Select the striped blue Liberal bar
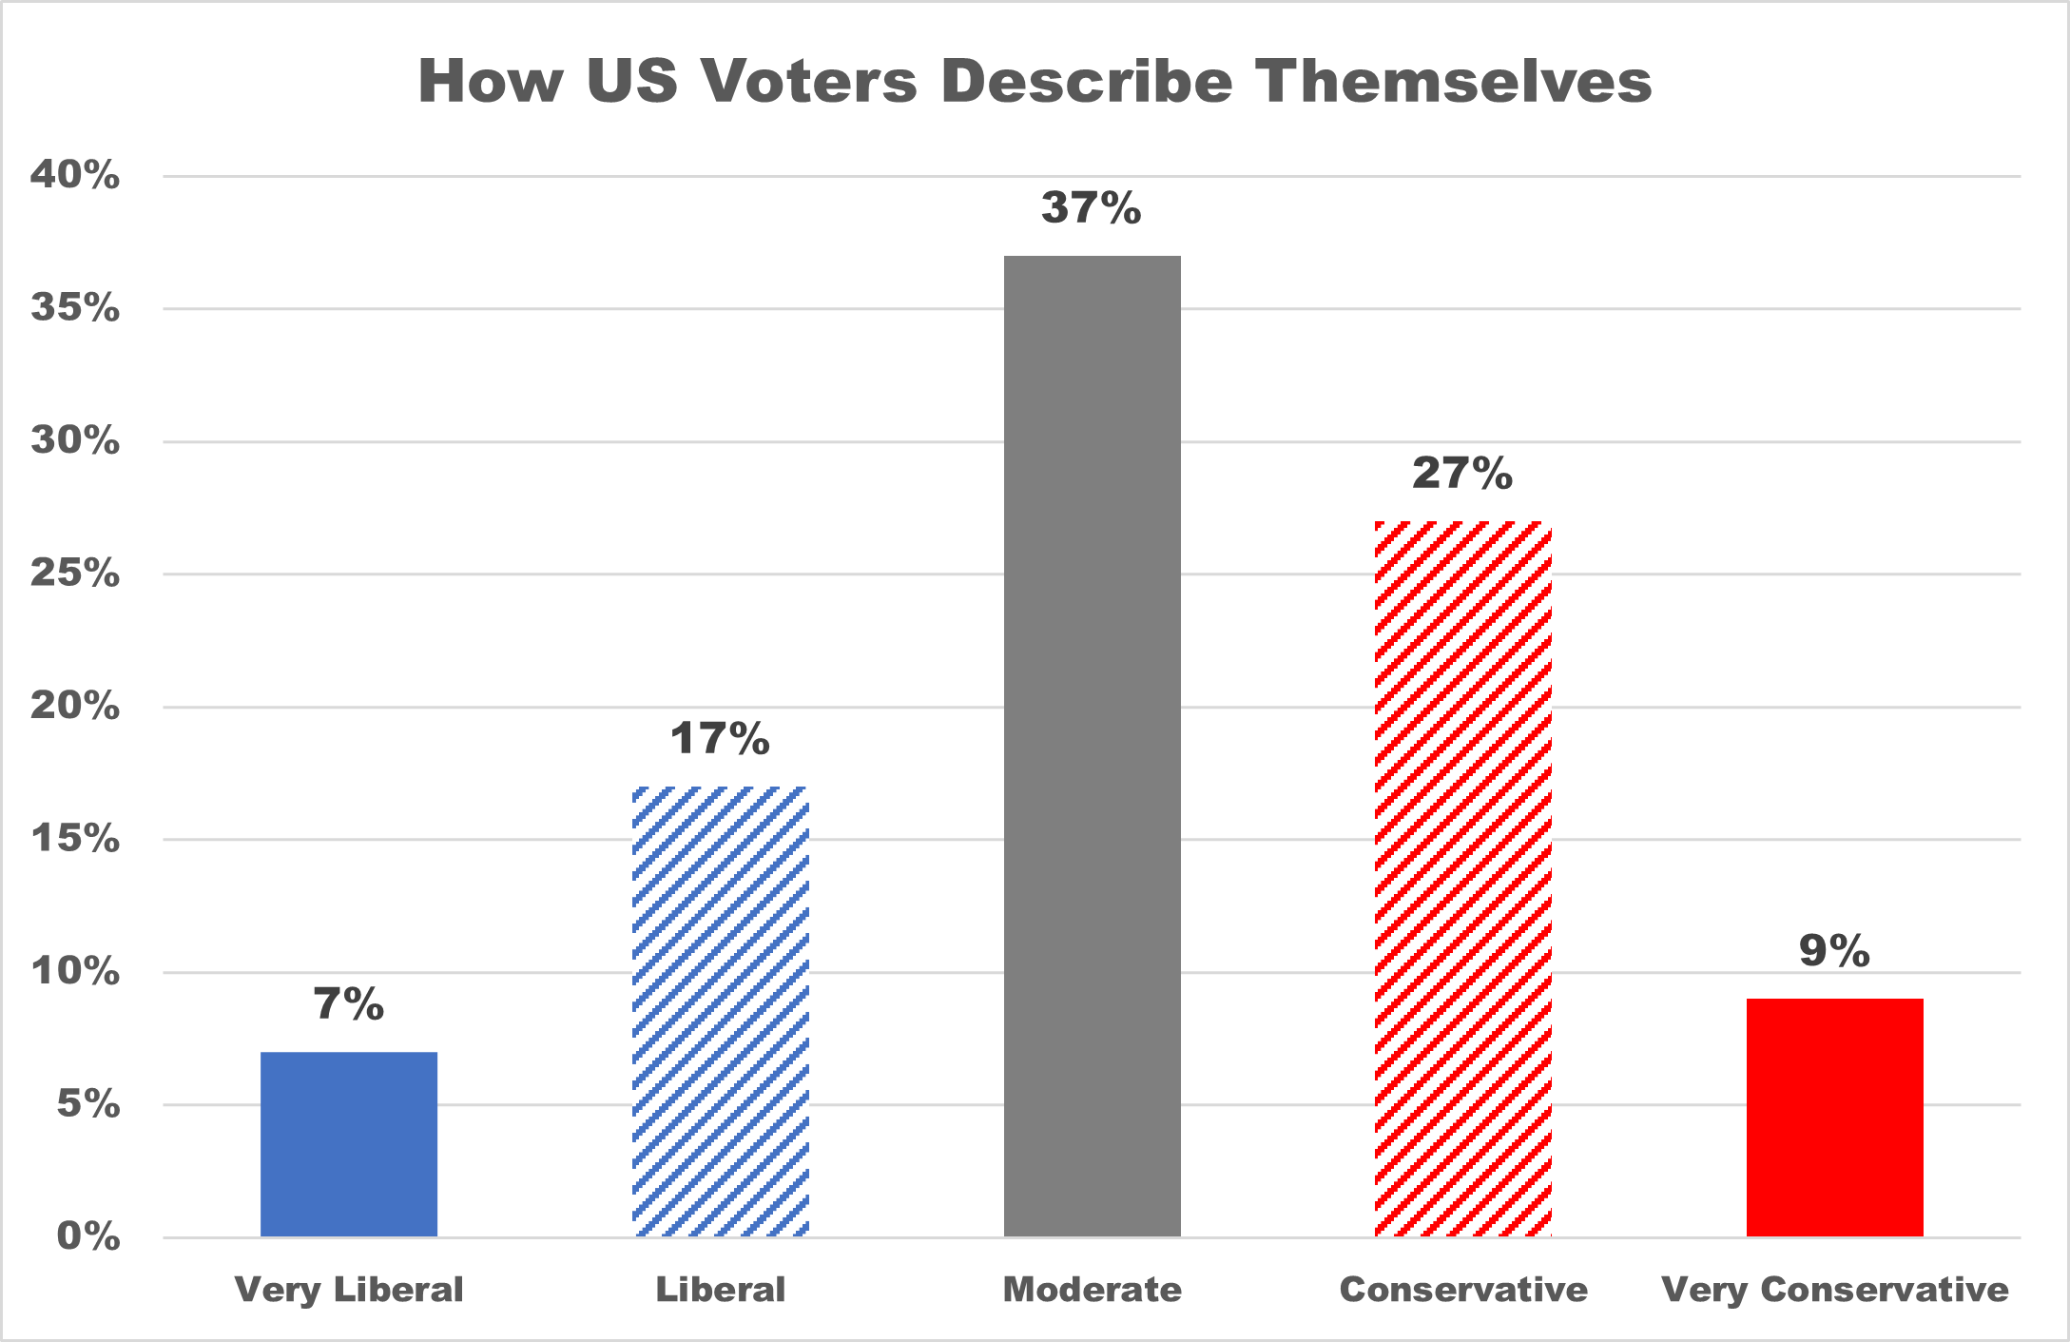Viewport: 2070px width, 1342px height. [721, 1011]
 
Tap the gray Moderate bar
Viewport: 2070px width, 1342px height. [1092, 746]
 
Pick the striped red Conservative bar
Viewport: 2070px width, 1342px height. [1462, 879]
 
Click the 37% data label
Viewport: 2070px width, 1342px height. [1091, 208]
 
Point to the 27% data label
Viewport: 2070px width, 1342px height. [1461, 474]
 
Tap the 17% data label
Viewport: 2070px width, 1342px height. [720, 739]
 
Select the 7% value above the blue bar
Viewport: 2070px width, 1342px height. [349, 1004]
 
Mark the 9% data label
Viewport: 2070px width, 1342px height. [1834, 951]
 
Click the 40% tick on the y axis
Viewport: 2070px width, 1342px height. [75, 175]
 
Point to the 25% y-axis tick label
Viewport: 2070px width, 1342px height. [75, 574]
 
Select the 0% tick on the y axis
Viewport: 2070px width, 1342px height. [88, 1236]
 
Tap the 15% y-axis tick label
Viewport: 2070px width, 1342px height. [75, 839]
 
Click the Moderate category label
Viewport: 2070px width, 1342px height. [1092, 1290]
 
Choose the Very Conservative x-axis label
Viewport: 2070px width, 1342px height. [1834, 1290]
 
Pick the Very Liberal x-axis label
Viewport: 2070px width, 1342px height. [349, 1290]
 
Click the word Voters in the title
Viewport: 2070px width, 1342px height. [809, 81]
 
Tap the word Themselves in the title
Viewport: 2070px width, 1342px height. [1454, 81]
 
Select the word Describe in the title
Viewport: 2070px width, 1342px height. [1086, 81]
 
